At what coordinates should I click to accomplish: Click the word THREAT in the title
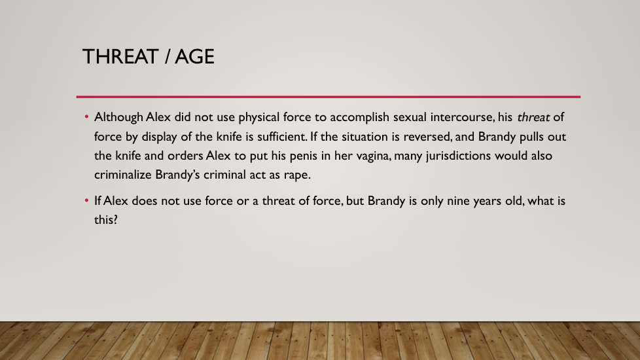pyautogui.click(x=120, y=56)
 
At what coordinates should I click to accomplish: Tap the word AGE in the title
pyautogui.click(x=194, y=56)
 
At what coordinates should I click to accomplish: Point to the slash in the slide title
pyautogui.click(x=167, y=56)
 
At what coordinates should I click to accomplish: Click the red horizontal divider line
pyautogui.click(x=328, y=97)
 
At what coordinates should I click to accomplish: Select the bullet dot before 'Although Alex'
pyautogui.click(x=86, y=117)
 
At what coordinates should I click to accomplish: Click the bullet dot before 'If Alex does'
pyautogui.click(x=86, y=200)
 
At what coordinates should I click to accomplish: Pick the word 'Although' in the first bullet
pyautogui.click(x=118, y=117)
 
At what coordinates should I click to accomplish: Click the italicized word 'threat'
pyautogui.click(x=533, y=118)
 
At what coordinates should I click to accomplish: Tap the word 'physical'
pyautogui.click(x=258, y=118)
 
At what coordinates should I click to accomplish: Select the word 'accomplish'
pyautogui.click(x=359, y=118)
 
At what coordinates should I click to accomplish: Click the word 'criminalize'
pyautogui.click(x=123, y=175)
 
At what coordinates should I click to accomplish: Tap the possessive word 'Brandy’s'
pyautogui.click(x=177, y=175)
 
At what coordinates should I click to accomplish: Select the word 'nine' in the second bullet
pyautogui.click(x=458, y=201)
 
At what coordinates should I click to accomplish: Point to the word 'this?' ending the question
pyautogui.click(x=106, y=219)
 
